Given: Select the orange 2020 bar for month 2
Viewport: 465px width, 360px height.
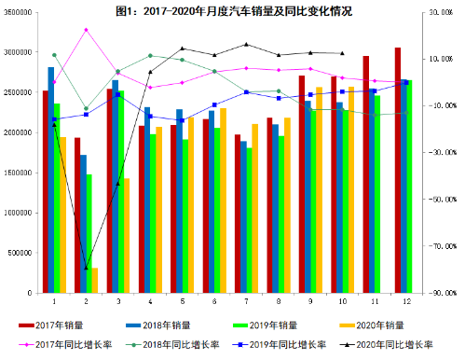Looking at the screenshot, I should click(94, 280).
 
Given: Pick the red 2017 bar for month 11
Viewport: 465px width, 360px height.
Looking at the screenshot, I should click(365, 174).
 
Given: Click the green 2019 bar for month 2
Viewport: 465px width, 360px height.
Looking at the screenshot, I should click(89, 233).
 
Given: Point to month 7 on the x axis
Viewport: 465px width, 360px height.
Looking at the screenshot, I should click(246, 301).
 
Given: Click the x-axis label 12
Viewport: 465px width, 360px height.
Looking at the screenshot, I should click(406, 301).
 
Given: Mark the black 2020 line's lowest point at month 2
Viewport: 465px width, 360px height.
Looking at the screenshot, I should click(86, 269).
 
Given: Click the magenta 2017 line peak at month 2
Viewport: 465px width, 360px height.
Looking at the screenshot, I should click(86, 30).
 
